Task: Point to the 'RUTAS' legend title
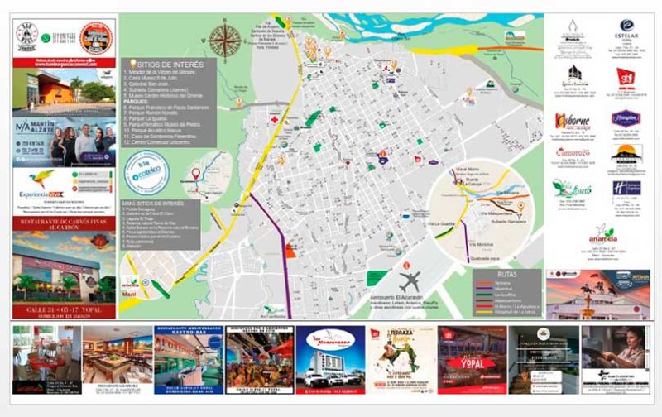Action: tap(508, 272)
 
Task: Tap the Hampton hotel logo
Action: tap(626, 117)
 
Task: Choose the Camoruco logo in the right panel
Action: tap(572, 155)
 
